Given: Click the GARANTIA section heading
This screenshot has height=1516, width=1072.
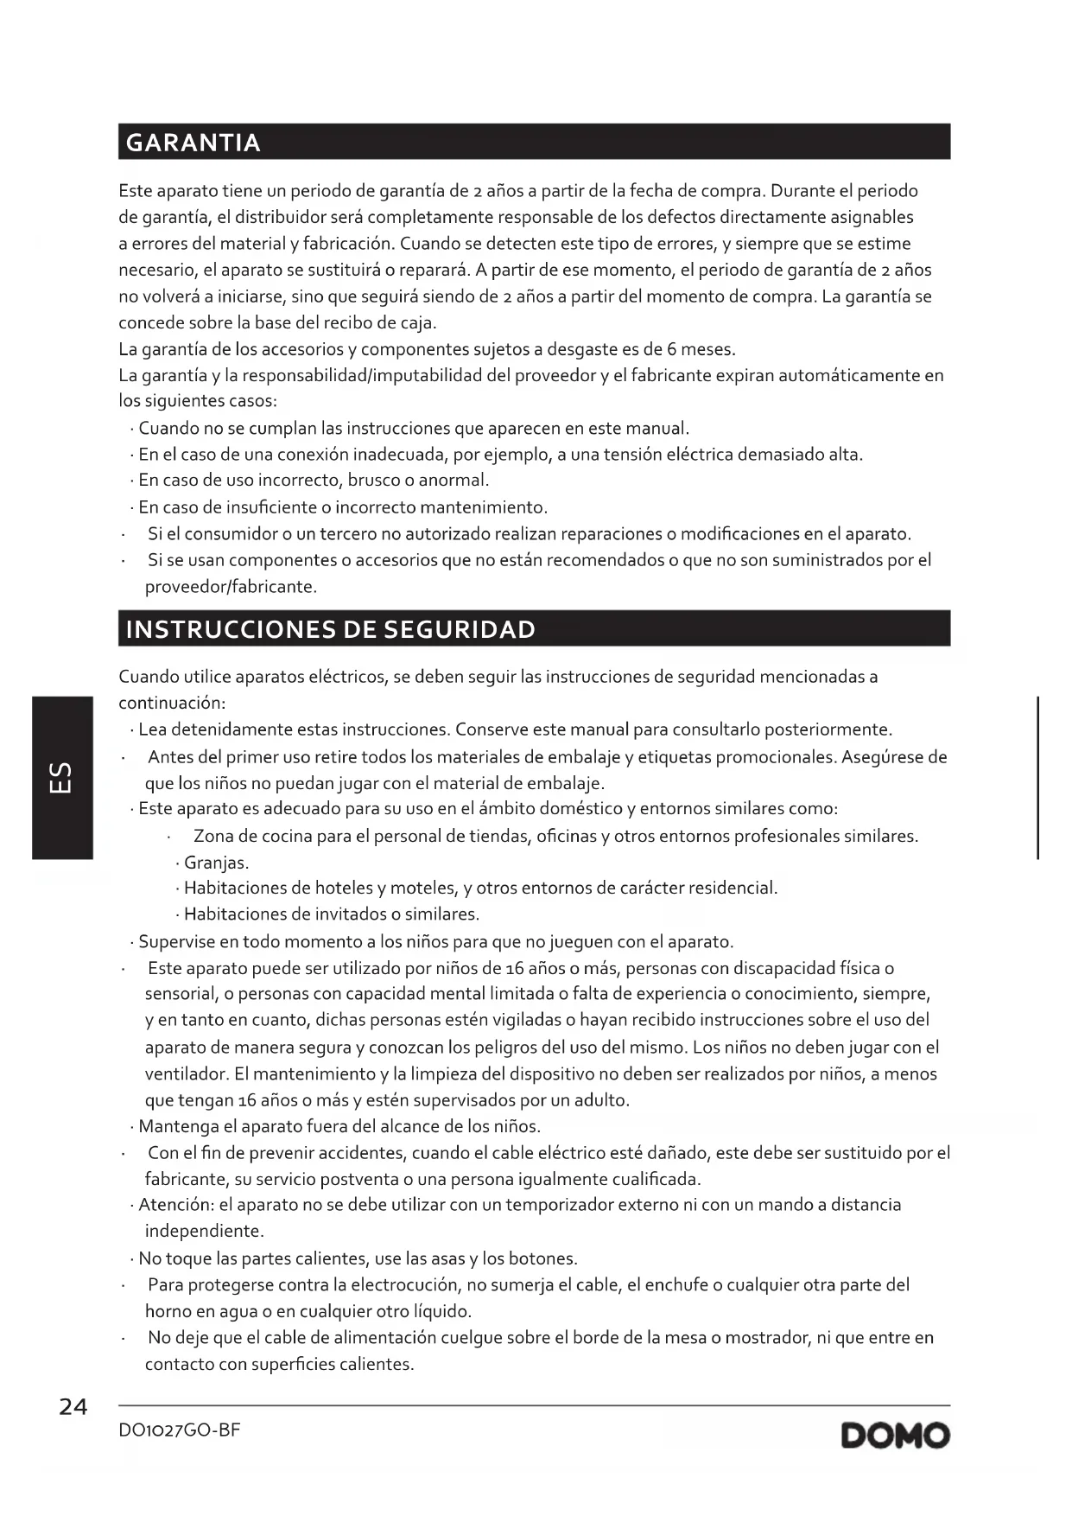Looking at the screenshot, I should coord(193,143).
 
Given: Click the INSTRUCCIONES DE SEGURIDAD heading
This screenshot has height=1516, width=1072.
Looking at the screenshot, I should coord(330,629).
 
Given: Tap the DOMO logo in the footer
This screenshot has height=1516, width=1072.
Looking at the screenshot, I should coord(895,1436).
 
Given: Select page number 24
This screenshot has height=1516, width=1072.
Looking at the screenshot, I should coord(73,1407).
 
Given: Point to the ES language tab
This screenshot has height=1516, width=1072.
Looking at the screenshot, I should coord(62,777).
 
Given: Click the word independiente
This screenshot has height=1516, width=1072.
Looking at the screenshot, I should coord(204,1231).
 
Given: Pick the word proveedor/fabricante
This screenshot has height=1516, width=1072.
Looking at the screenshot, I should coord(231,587).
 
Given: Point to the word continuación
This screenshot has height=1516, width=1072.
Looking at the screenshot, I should coord(171,703).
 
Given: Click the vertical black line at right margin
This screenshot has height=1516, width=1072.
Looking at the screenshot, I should coord(1037,777).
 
